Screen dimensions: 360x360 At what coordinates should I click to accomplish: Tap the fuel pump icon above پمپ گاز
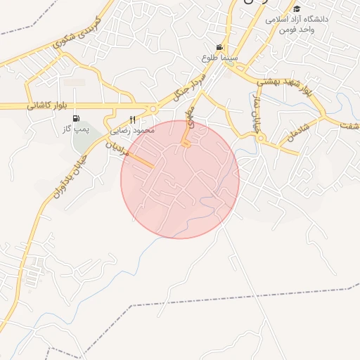(76, 118)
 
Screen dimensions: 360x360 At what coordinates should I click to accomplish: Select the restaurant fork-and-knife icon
(132, 120)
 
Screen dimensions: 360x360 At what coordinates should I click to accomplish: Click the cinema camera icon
(220, 46)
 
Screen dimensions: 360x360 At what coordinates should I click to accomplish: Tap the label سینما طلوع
(219, 57)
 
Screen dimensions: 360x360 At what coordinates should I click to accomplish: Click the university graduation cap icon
(297, 9)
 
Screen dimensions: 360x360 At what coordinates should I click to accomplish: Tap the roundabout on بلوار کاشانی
(153, 109)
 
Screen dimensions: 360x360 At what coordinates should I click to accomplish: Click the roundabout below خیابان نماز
(260, 139)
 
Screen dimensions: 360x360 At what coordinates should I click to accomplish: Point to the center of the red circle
(180, 179)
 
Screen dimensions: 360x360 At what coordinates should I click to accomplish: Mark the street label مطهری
(188, 120)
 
